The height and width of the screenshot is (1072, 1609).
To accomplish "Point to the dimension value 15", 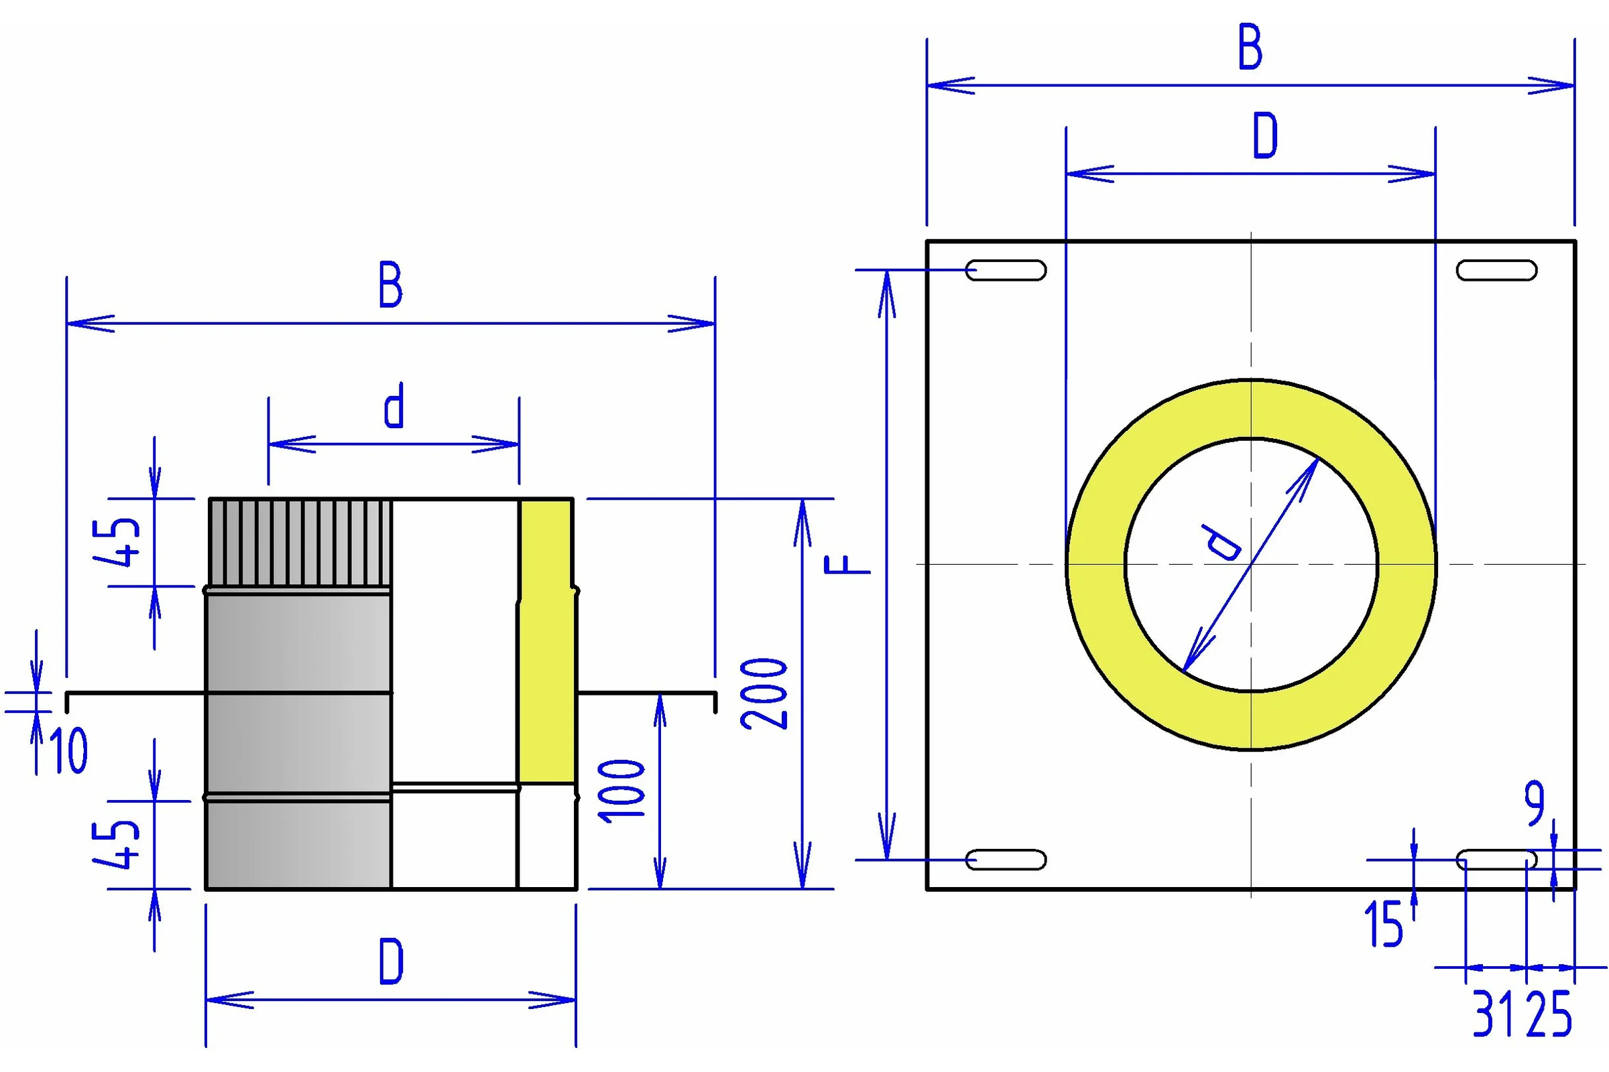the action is click(1382, 924).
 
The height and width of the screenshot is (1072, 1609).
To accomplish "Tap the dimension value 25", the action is click(1549, 1014).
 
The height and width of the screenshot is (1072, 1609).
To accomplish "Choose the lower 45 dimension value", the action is click(117, 844).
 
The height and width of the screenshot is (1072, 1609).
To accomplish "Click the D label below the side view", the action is click(392, 961).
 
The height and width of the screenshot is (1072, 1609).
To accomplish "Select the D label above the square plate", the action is click(1265, 135).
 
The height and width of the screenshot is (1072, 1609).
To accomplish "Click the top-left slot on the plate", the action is click(1006, 270).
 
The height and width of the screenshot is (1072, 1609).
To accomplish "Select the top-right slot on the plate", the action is click(1497, 270).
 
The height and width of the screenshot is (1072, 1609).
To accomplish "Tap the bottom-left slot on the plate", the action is click(1006, 860).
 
